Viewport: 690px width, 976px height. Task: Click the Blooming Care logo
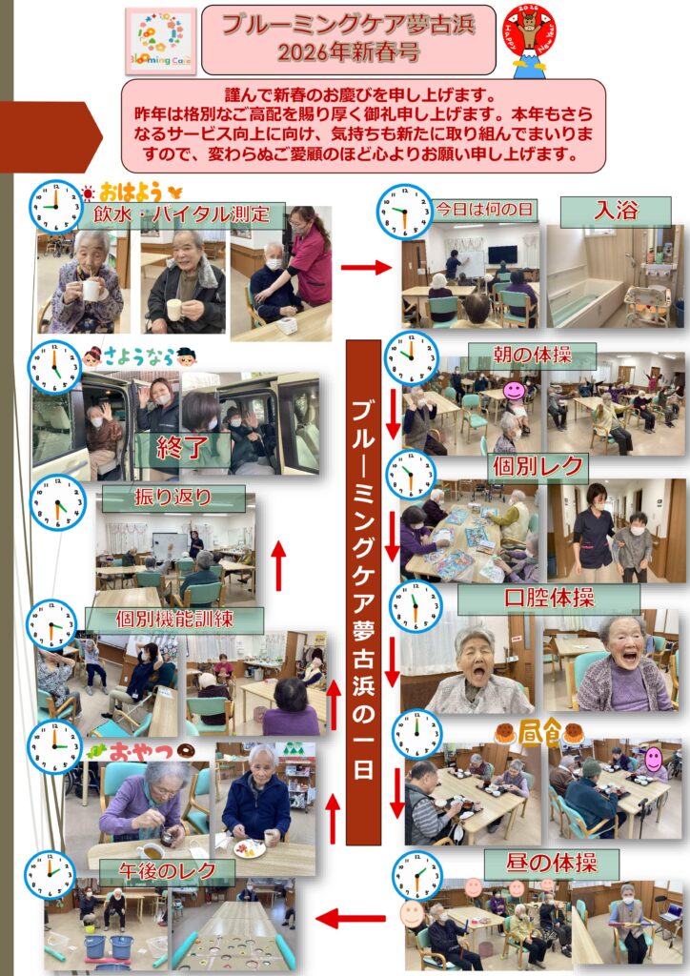pyautogui.click(x=161, y=41)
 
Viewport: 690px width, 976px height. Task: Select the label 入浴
pyautogui.click(x=616, y=211)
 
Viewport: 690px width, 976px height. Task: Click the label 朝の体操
pyautogui.click(x=532, y=356)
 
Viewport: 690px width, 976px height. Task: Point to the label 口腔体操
pyautogui.click(x=549, y=599)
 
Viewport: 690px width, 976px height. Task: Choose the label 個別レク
pyautogui.click(x=538, y=466)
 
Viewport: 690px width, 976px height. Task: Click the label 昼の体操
pyautogui.click(x=551, y=864)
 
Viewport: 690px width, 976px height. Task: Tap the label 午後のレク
pyautogui.click(x=167, y=871)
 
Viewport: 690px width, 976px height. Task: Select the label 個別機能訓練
pyautogui.click(x=174, y=620)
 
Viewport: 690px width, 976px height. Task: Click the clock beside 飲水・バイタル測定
pyautogui.click(x=55, y=207)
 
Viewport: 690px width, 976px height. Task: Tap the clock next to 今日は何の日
pyautogui.click(x=404, y=212)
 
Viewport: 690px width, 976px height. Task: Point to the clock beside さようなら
pyautogui.click(x=54, y=367)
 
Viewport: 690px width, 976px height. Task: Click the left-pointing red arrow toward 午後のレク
pyautogui.click(x=351, y=918)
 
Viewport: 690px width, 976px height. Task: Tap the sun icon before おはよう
pyautogui.click(x=89, y=191)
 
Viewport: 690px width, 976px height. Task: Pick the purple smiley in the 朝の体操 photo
pyautogui.click(x=514, y=391)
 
